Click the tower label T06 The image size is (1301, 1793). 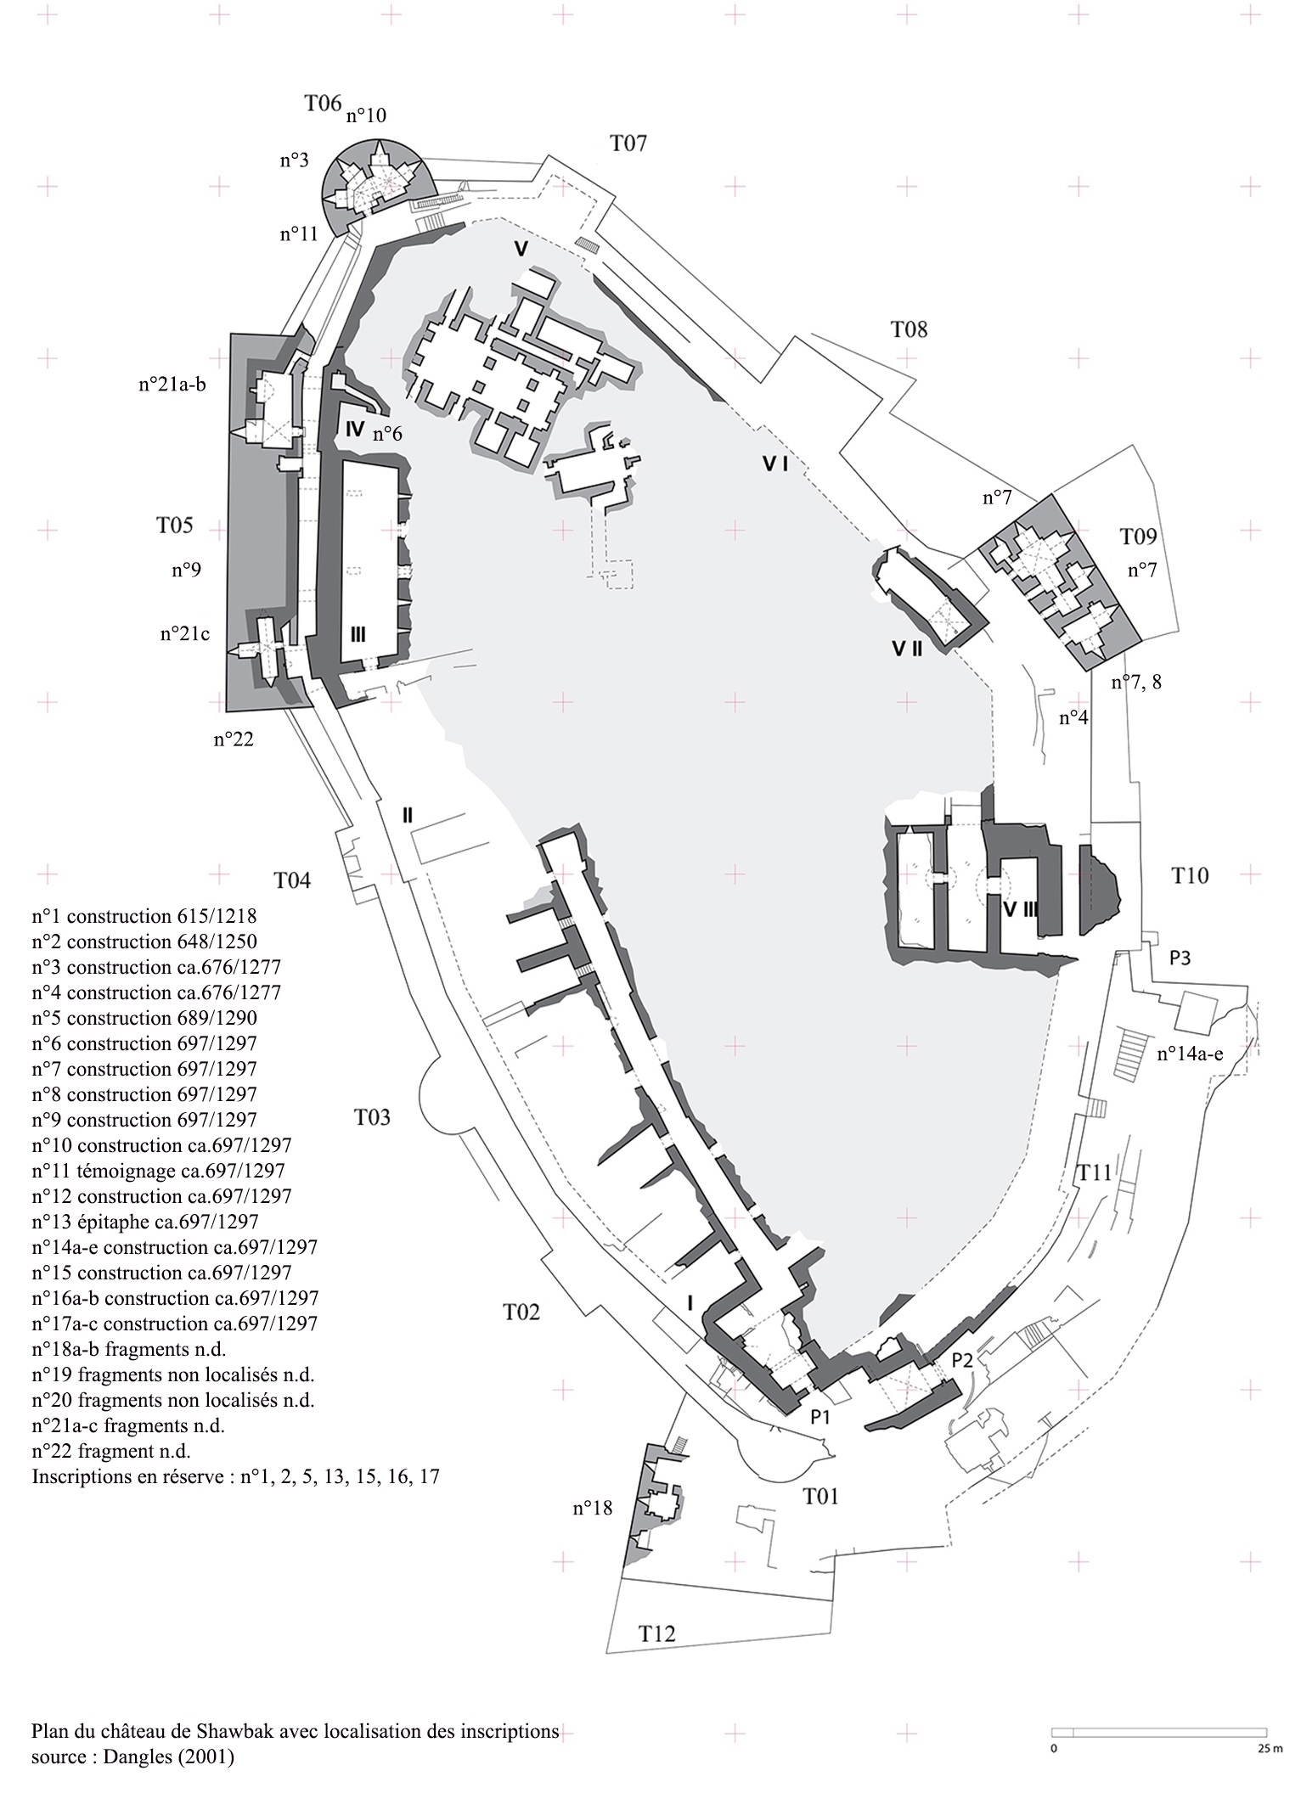(323, 104)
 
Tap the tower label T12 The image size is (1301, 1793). (657, 1633)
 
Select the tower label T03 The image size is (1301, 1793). (372, 1117)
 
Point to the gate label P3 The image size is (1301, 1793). (1180, 958)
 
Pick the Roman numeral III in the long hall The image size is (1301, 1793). (358, 634)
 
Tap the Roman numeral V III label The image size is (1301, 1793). (1019, 909)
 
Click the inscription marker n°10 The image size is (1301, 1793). (366, 115)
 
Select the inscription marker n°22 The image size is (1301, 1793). (234, 739)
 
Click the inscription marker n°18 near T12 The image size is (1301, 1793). (594, 1508)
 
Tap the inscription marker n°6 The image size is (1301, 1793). (387, 434)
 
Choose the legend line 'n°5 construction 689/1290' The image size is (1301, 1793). (144, 1018)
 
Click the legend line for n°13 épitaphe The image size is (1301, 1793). (144, 1222)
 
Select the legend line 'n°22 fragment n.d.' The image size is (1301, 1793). (111, 1451)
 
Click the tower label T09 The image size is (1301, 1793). (1138, 537)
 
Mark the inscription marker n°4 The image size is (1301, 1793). (1073, 717)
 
